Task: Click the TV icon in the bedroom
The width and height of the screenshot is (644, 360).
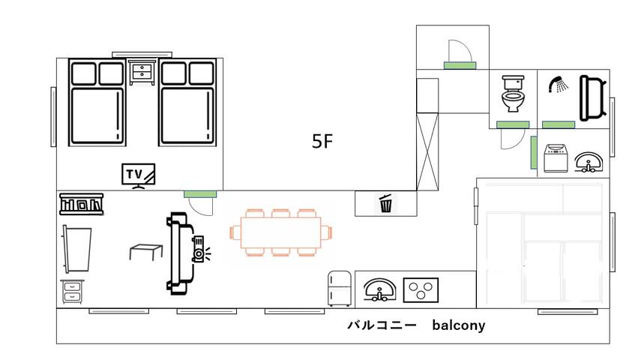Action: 139,175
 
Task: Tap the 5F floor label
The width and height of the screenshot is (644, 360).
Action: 322,142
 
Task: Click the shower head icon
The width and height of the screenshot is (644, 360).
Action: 558,85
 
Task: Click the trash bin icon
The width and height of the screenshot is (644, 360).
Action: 385,202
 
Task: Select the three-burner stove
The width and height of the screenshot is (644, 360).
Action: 422,289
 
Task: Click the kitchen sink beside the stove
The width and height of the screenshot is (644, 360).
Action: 379,289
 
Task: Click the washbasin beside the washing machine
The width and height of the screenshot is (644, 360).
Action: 590,163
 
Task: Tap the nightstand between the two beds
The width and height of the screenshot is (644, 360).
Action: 142,73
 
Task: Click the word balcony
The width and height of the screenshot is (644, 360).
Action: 458,325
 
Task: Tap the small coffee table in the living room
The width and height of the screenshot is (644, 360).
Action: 146,250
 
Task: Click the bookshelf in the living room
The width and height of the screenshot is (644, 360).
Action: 81,203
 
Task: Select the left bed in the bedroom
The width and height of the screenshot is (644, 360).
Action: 96,105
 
